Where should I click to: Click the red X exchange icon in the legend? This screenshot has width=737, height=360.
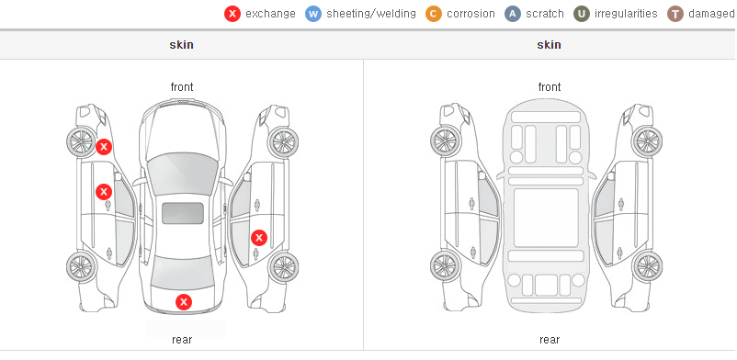coord(232,14)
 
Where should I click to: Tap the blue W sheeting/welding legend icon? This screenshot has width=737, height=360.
coord(313,14)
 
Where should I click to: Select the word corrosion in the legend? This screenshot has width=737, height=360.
coord(471,14)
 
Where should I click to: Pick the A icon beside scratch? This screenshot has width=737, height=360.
coord(513,14)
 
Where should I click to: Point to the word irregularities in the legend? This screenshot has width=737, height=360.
coord(626,14)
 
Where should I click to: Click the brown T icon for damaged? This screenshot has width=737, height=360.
coord(675,14)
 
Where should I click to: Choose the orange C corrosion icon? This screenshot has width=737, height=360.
coord(434,14)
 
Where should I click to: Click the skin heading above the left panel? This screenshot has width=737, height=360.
coord(181,45)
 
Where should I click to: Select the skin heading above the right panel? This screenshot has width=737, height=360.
coord(549,45)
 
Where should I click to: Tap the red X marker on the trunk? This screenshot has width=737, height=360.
coord(184,302)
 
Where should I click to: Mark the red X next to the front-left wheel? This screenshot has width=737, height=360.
coord(104,147)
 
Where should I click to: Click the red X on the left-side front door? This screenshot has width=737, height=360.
coord(104,192)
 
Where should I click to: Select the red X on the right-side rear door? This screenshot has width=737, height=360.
coord(259,238)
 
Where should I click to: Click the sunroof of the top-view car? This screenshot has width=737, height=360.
coord(183,213)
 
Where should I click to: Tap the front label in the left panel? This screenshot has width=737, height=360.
coord(182,87)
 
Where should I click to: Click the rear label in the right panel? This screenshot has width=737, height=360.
coord(550,340)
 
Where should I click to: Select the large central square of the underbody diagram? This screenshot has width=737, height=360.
coord(546,218)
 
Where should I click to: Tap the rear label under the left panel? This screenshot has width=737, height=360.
coord(182,340)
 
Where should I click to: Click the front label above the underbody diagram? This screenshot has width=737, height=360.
coord(550,87)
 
